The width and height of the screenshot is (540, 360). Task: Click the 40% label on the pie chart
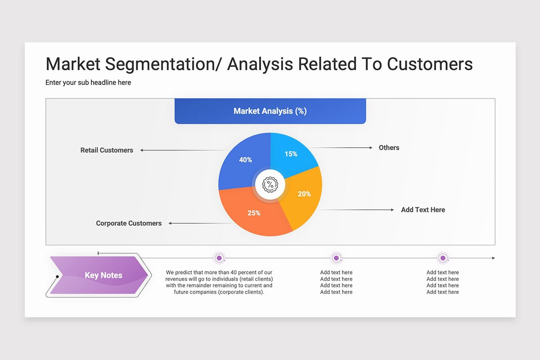point(245,160)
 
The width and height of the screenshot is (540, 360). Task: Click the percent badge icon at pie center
point(270,184)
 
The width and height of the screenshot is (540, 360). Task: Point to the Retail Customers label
point(107,150)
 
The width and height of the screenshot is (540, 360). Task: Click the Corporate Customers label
point(129,223)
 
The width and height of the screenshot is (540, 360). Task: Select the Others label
point(389,148)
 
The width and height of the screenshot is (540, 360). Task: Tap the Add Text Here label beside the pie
point(423,210)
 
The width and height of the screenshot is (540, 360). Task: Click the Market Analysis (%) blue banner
point(270,111)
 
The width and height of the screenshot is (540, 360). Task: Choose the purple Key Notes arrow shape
point(99,275)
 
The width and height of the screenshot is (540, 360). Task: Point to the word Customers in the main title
point(430,64)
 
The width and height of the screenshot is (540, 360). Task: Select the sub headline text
point(88,82)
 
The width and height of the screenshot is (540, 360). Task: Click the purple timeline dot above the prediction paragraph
point(219,258)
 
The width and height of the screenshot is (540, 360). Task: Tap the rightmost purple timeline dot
point(443,258)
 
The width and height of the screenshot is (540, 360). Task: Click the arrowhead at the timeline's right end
point(494,258)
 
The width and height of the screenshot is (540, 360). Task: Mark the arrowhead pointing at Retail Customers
point(142,150)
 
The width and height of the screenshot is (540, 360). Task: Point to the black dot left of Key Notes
point(58,277)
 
